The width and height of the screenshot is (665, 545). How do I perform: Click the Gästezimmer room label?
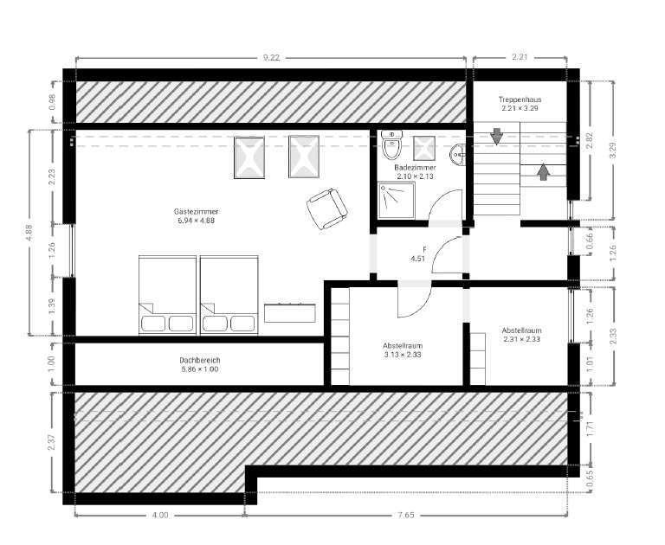click(196, 211)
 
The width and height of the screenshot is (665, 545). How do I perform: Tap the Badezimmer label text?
click(415, 168)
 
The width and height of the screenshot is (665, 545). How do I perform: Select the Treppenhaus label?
click(520, 100)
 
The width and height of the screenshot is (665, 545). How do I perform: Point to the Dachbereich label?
click(200, 360)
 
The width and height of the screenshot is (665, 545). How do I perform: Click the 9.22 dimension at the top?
click(271, 57)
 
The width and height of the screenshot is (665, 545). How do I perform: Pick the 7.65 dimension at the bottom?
click(406, 516)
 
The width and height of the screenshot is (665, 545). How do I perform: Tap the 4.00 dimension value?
click(160, 516)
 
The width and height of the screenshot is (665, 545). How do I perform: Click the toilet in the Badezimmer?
click(391, 144)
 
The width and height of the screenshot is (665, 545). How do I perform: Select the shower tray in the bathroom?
click(397, 201)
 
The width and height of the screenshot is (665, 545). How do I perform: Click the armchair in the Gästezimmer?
click(327, 209)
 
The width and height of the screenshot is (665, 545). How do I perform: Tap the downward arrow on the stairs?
click(496, 137)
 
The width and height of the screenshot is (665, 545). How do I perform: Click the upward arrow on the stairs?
click(543, 171)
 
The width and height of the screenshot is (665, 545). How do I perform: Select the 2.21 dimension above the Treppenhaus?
click(520, 57)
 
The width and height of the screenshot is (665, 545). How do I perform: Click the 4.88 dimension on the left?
click(29, 232)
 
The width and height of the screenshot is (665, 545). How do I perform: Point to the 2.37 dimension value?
click(51, 442)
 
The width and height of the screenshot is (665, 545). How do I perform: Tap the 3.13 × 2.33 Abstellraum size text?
click(403, 355)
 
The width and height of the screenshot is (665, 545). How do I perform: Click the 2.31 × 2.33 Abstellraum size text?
click(521, 339)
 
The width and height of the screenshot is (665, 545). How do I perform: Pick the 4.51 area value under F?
click(417, 259)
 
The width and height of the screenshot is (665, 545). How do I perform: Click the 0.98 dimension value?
click(52, 102)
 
